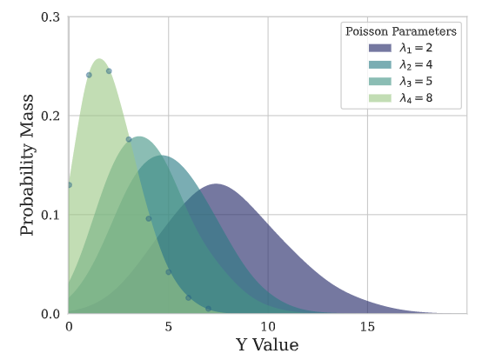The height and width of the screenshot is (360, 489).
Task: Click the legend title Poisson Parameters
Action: pyautogui.click(x=400, y=31)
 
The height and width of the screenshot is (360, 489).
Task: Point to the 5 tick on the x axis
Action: pyautogui.click(x=168, y=328)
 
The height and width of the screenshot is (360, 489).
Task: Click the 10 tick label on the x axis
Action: pyautogui.click(x=268, y=328)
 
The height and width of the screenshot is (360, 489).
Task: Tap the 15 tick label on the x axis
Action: pyautogui.click(x=367, y=328)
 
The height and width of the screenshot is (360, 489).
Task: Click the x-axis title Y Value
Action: pyautogui.click(x=267, y=345)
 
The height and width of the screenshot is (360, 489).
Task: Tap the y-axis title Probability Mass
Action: pyautogui.click(x=28, y=165)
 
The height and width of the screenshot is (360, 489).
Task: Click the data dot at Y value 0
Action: pyautogui.click(x=69, y=185)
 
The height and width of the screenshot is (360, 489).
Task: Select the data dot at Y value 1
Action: pyautogui.click(x=89, y=75)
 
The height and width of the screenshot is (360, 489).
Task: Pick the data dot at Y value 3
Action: pyautogui.click(x=129, y=139)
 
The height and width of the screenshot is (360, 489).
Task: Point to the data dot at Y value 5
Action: pyautogui.click(x=168, y=272)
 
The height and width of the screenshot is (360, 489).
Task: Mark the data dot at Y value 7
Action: pyautogui.click(x=208, y=309)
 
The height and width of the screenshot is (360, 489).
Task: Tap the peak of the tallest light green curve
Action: pyautogui.click(x=99, y=59)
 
